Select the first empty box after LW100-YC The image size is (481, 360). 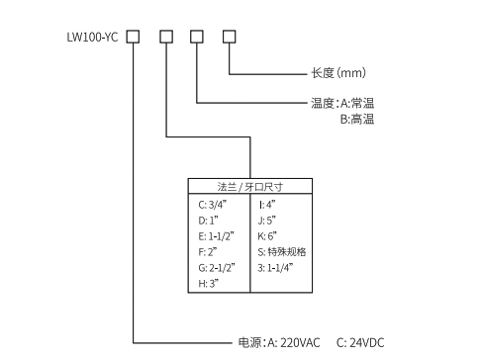point(134,38)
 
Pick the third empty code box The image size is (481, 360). point(197,38)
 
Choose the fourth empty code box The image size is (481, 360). point(229,38)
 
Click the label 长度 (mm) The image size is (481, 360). point(339,73)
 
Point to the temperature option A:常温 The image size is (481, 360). point(357,103)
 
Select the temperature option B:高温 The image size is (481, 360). point(357,119)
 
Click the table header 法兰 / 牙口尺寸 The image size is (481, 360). point(250,185)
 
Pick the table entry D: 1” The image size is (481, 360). point(209,221)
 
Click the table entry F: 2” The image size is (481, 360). point(207,252)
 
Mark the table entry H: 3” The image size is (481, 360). point(208,284)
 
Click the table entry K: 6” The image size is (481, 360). point(267,236)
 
